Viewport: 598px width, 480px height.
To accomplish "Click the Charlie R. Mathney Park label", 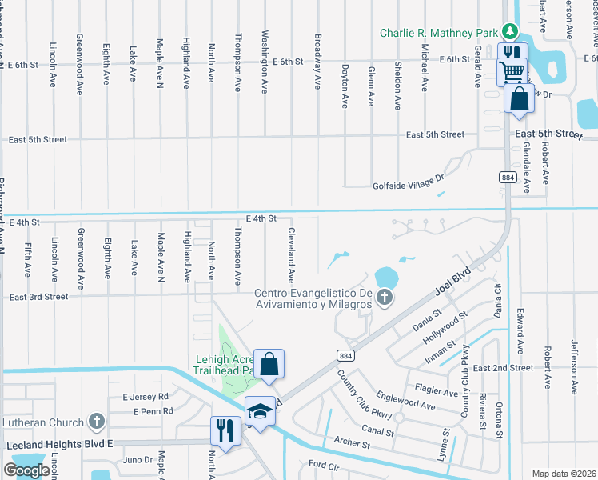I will (x=438, y=33).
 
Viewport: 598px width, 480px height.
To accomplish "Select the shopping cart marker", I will (x=512, y=74).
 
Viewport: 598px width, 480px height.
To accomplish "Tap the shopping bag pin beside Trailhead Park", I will (x=270, y=364).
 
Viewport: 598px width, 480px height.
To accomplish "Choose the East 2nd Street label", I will (x=502, y=368).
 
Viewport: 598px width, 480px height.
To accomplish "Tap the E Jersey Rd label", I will (x=146, y=396).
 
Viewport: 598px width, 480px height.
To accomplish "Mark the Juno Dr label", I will (x=138, y=460).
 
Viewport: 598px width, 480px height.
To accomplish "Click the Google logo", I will (x=26, y=470).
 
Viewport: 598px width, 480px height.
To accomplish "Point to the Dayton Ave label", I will (x=345, y=86).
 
